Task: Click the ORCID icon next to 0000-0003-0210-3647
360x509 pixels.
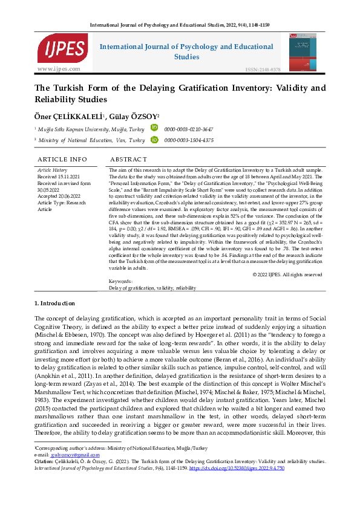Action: coord(154,128)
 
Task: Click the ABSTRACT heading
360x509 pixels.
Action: coord(128,160)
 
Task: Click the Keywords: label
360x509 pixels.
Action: coord(121,282)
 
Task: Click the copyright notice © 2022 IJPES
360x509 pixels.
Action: coord(287,274)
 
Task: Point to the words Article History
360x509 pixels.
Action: coord(53,170)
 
